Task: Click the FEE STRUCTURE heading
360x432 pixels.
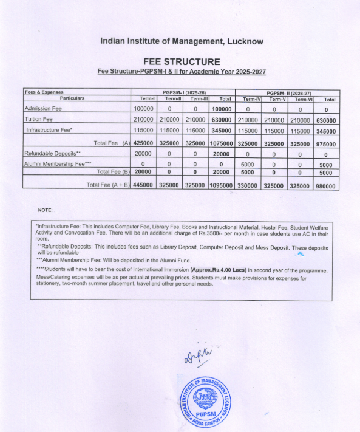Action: (181, 61)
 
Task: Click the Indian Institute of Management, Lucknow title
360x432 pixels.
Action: (180, 41)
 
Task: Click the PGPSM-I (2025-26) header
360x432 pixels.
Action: (182, 92)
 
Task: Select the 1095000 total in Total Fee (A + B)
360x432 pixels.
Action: (222, 185)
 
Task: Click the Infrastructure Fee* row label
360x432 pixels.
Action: (49, 130)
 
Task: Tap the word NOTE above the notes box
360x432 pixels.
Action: (46, 210)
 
